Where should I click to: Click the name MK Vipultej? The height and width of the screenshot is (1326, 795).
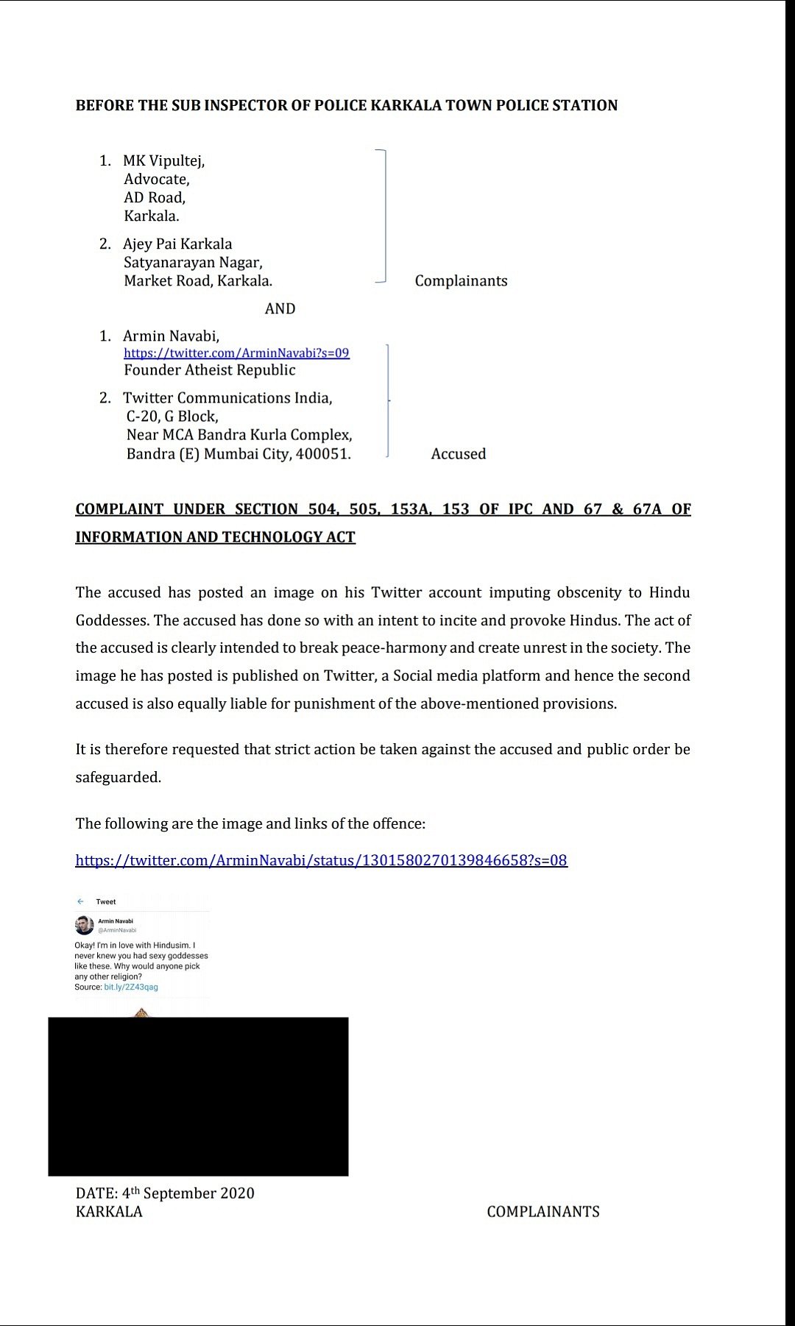pos(163,160)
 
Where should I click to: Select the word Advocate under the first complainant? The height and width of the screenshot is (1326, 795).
pos(156,179)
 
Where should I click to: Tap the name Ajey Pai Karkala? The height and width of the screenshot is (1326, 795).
pos(177,244)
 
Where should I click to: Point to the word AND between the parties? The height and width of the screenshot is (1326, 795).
pos(280,308)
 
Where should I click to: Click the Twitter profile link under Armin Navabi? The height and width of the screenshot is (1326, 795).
pos(236,352)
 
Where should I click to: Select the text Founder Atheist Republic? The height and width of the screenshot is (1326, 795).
pos(210,370)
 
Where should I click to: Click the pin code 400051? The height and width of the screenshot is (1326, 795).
pos(322,453)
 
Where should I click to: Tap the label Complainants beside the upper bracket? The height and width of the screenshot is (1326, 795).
pos(461,280)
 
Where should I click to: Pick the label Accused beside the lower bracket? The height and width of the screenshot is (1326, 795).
pos(459,453)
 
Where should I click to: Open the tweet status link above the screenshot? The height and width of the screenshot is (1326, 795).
pos(321,859)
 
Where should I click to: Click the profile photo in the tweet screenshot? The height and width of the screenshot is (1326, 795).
pos(84,925)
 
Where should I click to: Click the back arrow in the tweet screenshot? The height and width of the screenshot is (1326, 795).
pos(80,901)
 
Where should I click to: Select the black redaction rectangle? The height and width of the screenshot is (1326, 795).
pos(198,1096)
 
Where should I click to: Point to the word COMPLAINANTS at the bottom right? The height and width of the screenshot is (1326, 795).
pos(543,1211)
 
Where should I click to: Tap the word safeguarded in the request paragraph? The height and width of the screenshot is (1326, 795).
pos(118,777)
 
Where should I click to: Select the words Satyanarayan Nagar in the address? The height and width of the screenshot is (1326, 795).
pos(193,262)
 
